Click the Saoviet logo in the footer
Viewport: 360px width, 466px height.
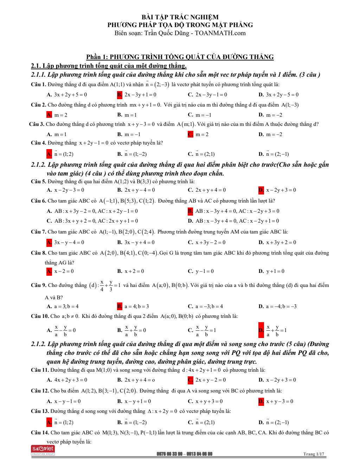point(43,450)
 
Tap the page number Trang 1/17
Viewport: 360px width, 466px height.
point(314,454)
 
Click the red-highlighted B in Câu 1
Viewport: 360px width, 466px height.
point(120,95)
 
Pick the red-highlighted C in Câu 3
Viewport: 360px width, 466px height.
point(191,134)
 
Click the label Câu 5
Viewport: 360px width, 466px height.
point(38,181)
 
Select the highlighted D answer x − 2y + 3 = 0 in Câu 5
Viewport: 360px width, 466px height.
point(281,190)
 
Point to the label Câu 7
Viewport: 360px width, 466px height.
point(38,232)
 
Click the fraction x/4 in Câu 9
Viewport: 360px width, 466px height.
point(102,286)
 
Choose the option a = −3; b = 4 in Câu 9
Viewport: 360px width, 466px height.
point(209,306)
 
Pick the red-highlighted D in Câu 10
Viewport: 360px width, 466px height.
point(261,330)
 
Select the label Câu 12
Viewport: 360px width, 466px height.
point(40,391)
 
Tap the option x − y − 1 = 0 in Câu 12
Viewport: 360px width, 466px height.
point(67,401)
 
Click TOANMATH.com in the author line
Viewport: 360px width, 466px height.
point(220,33)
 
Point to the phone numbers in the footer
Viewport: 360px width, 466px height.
point(184,454)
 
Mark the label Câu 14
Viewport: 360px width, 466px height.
point(40,433)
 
